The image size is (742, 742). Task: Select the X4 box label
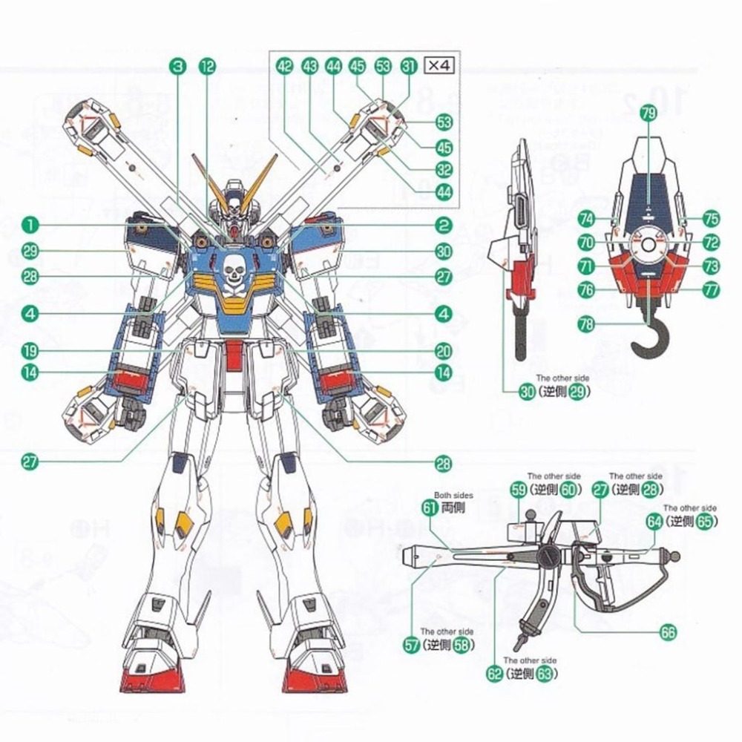pos(437,65)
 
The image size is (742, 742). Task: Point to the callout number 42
pos(284,66)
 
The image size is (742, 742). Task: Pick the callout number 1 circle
pos(30,223)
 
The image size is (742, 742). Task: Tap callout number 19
pos(30,350)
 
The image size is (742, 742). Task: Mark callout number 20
pos(444,351)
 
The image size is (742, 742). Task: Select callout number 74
pos(587,218)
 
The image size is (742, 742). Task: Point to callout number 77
pos(712,290)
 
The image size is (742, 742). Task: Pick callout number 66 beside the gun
pos(669,632)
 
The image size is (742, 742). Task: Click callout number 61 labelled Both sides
pos(430,508)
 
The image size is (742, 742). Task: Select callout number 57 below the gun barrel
pos(413,645)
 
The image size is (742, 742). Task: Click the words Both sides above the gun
pos(454,495)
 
